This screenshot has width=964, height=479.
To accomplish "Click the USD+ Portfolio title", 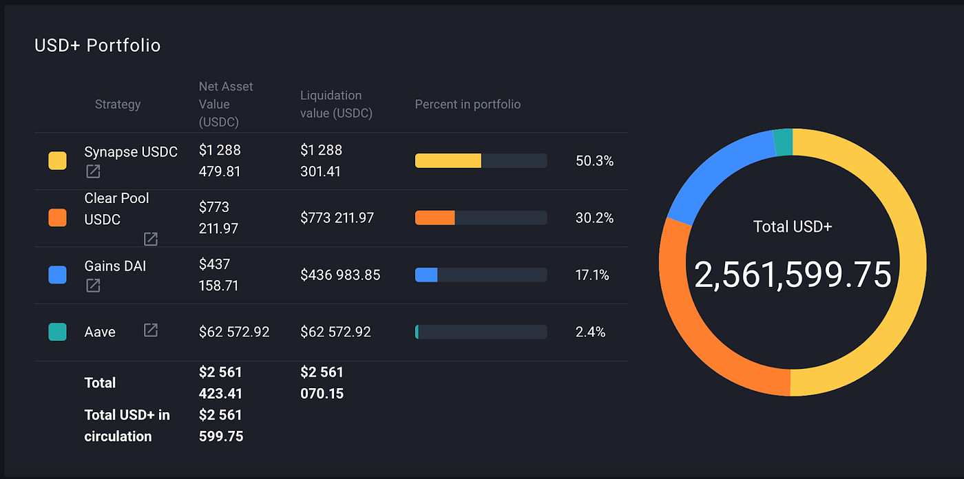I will [x=97, y=45].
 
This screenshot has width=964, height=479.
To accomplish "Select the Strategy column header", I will [x=118, y=104].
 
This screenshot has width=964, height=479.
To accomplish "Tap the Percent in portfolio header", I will [x=468, y=104].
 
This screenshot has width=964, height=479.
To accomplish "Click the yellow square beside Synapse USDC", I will [x=57, y=161].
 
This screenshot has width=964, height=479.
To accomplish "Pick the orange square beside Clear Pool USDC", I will [x=57, y=218].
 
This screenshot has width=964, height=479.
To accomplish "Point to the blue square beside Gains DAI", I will [x=57, y=275].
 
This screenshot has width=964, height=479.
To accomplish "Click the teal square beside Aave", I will [x=57, y=332].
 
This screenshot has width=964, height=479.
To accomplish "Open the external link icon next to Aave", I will [x=151, y=330].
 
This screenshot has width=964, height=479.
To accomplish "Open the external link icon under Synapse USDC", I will [x=93, y=171].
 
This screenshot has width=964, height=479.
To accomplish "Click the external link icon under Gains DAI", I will [x=93, y=285].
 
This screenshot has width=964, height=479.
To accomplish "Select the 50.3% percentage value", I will [x=594, y=161].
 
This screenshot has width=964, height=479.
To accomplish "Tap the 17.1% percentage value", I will [x=592, y=275].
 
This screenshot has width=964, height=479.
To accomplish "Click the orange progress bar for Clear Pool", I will [x=434, y=218].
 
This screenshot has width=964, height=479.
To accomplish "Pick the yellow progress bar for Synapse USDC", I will [x=448, y=161].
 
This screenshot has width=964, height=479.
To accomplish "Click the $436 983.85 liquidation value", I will [x=340, y=275].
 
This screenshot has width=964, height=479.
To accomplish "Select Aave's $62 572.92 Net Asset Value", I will [x=234, y=332].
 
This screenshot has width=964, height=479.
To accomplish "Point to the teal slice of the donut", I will [x=783, y=142].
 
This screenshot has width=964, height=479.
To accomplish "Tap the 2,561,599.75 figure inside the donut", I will [x=793, y=275].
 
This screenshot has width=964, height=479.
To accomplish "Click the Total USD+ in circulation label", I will [x=127, y=425].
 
